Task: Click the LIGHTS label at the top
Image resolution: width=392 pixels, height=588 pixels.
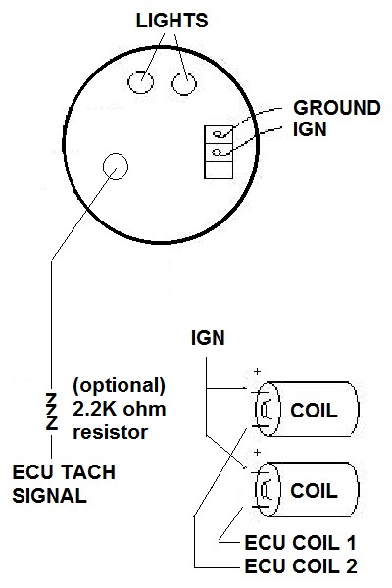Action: pos(171,21)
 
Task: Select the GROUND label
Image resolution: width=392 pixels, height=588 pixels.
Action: pos(337,108)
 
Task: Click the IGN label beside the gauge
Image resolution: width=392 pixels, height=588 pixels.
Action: pos(310,129)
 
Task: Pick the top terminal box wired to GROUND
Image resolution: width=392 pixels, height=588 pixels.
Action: pos(219,134)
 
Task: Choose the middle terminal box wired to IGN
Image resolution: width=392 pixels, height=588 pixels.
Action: pos(219,152)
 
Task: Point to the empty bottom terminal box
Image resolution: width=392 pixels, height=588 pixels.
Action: pos(219,170)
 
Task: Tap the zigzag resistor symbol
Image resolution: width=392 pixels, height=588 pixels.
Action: pos(51,412)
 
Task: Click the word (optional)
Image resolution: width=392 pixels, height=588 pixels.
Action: pos(119,386)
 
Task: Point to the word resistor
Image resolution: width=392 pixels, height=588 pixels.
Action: pos(110,432)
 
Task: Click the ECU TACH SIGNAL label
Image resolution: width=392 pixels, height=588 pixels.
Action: pos(64,484)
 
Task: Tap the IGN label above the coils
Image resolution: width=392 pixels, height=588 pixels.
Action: pos(208,338)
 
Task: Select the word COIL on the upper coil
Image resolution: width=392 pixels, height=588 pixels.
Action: pos(314,411)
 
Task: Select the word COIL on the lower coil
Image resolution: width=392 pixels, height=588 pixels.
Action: pos(314,491)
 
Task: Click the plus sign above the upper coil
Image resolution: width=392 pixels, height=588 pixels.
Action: pos(257,372)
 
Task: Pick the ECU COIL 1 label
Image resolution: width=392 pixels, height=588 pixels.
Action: pos(300,543)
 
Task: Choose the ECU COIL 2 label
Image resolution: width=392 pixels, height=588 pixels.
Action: pos(301,565)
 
